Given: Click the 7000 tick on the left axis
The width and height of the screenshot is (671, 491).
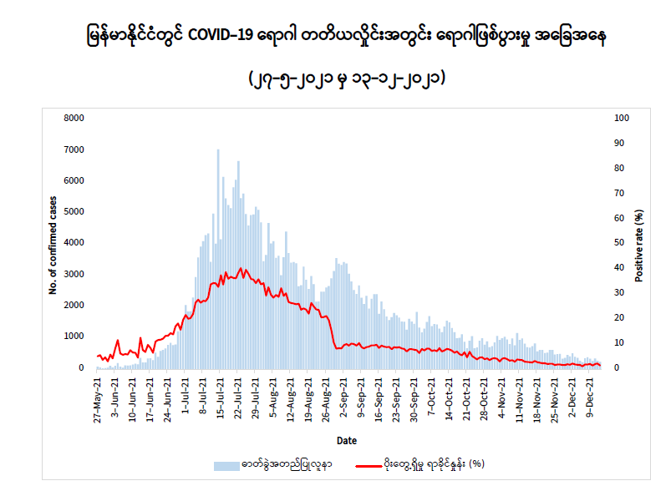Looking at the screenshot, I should coord(74,149).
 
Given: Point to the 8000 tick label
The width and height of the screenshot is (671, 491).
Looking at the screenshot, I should coord(74,118).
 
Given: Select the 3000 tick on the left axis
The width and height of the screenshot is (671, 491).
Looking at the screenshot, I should coord(74,274).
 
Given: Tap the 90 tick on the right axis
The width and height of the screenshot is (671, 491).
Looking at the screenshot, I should coord(619,143).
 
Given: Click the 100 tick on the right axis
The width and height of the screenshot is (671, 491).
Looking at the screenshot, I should coord(621,118).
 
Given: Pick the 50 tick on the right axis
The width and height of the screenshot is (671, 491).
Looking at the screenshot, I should coord(619,243).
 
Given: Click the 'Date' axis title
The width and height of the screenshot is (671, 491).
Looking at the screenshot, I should coord(347,439).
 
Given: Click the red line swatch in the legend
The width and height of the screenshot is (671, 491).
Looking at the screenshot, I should coord(369,465).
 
